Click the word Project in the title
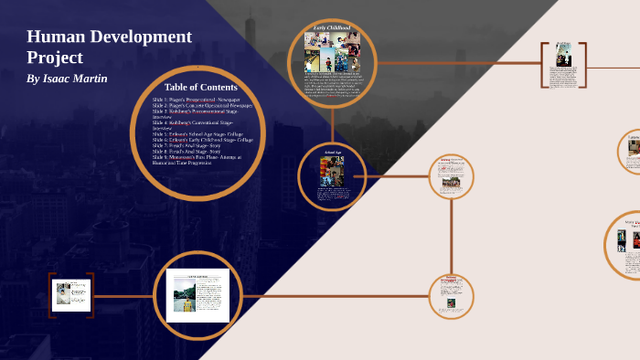(55, 58)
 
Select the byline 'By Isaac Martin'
(67, 79)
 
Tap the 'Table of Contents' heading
(201, 87)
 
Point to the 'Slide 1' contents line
(197, 99)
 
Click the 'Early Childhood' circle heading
(332, 28)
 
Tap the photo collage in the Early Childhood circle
(332, 53)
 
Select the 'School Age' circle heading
(332, 151)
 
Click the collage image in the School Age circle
(332, 171)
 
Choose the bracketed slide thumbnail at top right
(563, 64)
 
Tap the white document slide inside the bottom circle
(202, 296)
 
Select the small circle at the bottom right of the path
(451, 296)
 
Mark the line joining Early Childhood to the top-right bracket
(457, 63)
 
